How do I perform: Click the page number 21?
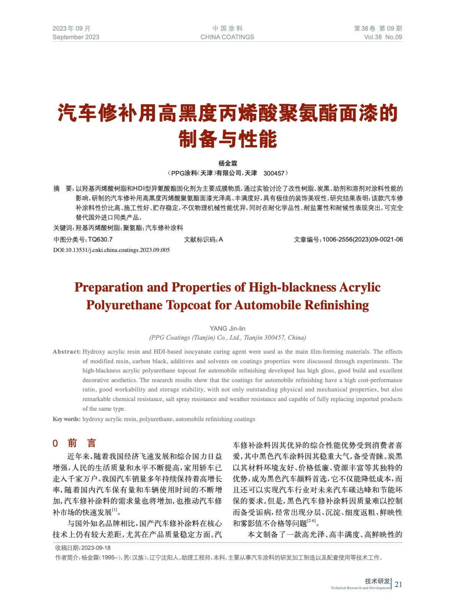[x=398, y=584]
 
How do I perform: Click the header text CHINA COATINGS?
[x=227, y=37]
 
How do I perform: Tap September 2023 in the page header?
[x=76, y=37]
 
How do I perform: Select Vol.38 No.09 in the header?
[x=383, y=37]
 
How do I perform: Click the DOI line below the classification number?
[x=111, y=250]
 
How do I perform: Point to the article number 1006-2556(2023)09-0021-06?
[x=362, y=239]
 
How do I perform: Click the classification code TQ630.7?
[x=100, y=239]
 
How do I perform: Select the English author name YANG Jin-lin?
[x=227, y=328]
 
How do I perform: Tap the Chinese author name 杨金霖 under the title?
[x=228, y=164]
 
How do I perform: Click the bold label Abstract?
[x=67, y=352]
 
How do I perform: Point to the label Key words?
[x=66, y=419]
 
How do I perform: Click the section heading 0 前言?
[x=74, y=443]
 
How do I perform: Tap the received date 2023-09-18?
[x=96, y=548]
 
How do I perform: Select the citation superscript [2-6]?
[x=311, y=521]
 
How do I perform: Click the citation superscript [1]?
[x=115, y=510]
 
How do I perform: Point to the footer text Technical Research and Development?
[x=360, y=588]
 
